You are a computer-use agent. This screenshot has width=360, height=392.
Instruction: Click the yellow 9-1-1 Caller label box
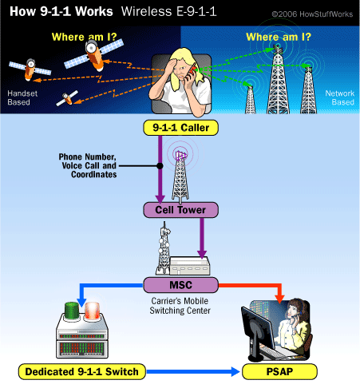[180, 128]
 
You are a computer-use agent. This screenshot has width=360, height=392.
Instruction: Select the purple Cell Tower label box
[180, 210]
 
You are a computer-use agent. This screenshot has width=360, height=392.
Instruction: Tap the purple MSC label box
[180, 285]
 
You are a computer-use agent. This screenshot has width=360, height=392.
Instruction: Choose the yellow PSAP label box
[279, 372]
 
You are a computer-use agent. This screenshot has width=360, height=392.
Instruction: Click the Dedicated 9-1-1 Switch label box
[82, 372]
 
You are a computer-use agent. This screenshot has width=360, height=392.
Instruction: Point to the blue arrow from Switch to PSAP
[193, 372]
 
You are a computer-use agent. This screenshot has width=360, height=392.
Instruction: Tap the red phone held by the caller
[191, 72]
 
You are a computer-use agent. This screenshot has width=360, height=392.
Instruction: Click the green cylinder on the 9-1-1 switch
[72, 311]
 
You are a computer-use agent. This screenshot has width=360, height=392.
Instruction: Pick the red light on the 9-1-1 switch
[92, 311]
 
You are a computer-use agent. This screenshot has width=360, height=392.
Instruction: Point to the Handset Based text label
[22, 97]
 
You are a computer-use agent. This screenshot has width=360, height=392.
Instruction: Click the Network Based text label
[340, 97]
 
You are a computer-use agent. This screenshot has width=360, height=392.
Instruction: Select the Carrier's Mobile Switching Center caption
[180, 306]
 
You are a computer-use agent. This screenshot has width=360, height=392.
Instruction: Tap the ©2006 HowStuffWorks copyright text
[312, 14]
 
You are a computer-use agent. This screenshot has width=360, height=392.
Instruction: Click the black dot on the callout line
[160, 166]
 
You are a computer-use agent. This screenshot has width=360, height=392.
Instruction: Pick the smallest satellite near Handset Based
[67, 98]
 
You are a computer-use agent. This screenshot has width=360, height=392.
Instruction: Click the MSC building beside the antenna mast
[190, 266]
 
